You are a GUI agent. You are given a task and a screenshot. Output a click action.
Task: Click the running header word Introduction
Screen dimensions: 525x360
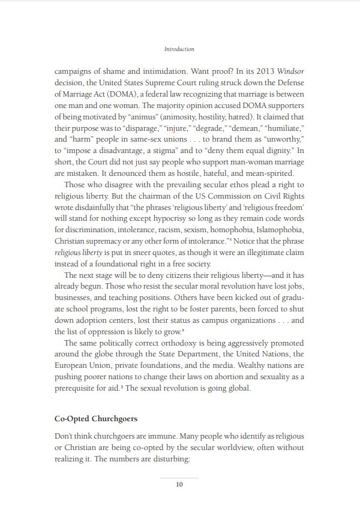[179, 49]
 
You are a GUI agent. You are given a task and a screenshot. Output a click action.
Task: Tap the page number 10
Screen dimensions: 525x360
[179, 485]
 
